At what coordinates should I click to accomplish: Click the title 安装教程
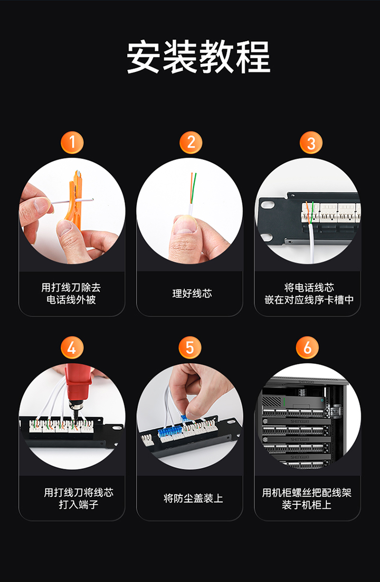198,57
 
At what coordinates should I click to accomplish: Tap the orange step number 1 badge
72,143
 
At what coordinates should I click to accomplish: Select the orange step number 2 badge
191,143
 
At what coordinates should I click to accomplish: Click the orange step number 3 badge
311,143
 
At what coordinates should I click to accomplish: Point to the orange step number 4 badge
72,347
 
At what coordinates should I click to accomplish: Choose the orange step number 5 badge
190,347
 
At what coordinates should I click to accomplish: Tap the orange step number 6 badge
307,347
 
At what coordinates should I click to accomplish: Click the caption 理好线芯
192,294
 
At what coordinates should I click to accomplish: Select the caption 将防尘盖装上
193,498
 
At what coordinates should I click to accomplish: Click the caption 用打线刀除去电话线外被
71,293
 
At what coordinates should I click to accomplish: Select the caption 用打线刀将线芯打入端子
79,498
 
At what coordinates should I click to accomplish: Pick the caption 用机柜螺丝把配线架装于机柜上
307,498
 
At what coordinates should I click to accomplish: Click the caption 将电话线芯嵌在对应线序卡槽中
309,293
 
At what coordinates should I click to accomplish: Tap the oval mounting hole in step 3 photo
267,204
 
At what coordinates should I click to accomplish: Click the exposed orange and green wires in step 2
193,189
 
